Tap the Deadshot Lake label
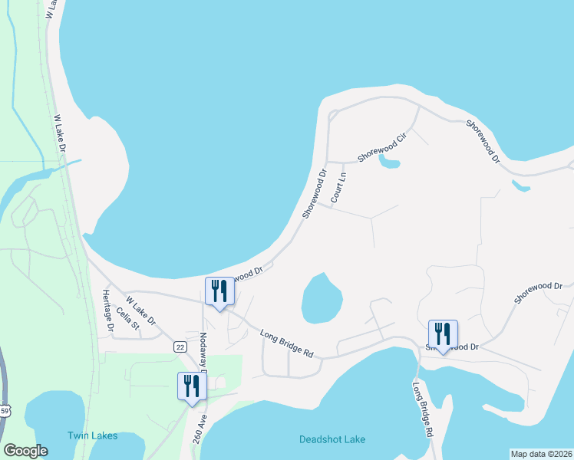(332, 439)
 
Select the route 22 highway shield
(180, 347)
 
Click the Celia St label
(128, 320)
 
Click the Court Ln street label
(338, 187)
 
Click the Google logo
(26, 451)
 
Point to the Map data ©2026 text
(541, 454)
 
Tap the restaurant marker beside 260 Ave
(191, 386)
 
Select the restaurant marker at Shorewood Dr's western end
(219, 291)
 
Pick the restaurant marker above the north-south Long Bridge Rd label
(443, 333)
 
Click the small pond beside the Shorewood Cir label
(390, 163)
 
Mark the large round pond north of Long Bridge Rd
(322, 298)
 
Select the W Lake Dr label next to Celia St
(140, 310)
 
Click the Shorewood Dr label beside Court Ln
(315, 193)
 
